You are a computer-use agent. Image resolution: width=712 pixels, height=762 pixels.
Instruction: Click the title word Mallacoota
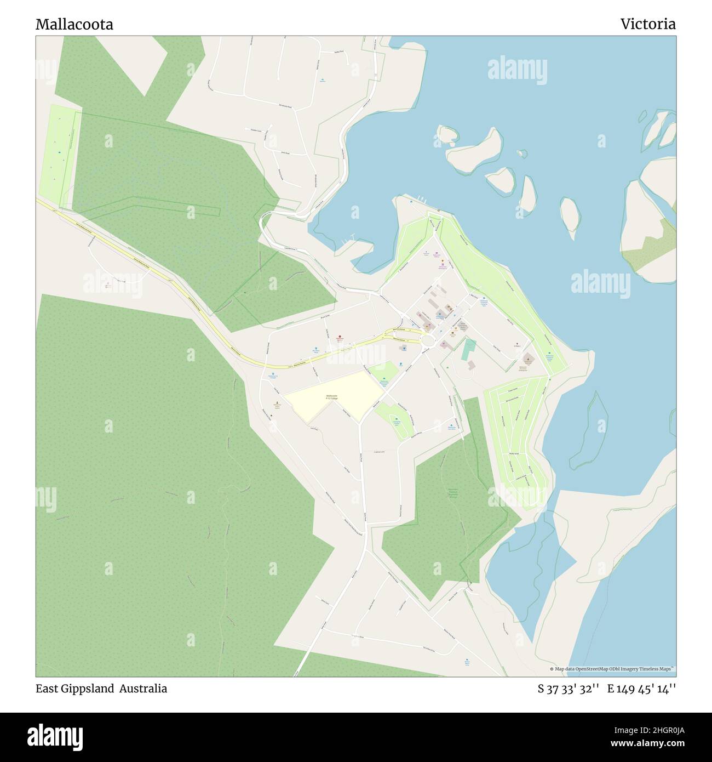pyautogui.click(x=74, y=25)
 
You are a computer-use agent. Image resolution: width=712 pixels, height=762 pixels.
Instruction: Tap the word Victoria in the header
pyautogui.click(x=647, y=24)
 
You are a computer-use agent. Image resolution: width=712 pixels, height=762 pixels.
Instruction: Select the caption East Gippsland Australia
pyautogui.click(x=101, y=689)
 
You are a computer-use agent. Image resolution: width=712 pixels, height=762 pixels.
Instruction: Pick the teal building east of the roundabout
pyautogui.click(x=468, y=349)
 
